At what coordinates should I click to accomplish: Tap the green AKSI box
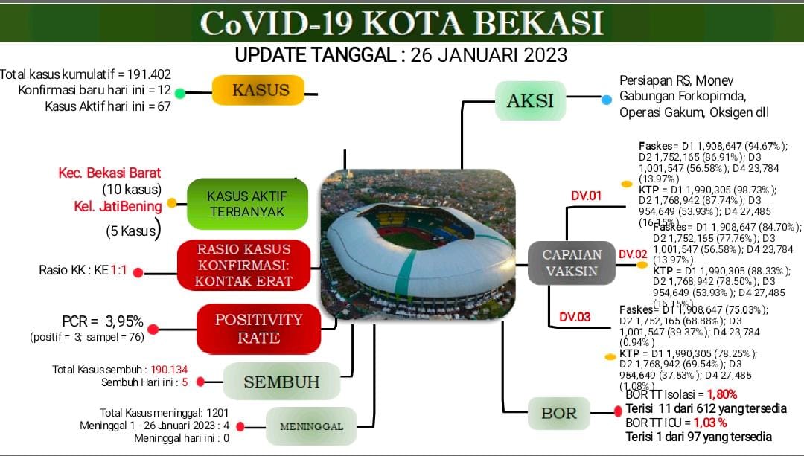click(530, 100)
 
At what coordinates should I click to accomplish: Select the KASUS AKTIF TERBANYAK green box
click(246, 204)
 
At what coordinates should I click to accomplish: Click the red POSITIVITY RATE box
click(258, 328)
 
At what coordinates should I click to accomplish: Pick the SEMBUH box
click(281, 382)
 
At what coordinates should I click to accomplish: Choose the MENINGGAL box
click(311, 426)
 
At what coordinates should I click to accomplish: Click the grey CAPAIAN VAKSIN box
click(571, 263)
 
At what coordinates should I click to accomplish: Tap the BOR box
click(558, 413)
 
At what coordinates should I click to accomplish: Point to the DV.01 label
click(586, 196)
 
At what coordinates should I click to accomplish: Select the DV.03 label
click(575, 317)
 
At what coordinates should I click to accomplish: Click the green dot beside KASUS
click(179, 93)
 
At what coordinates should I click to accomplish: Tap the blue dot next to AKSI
click(607, 98)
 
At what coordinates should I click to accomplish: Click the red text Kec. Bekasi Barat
click(109, 173)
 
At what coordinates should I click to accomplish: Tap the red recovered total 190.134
click(169, 369)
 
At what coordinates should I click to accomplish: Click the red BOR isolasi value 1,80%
click(722, 395)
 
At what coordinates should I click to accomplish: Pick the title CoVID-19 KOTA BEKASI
click(402, 22)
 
